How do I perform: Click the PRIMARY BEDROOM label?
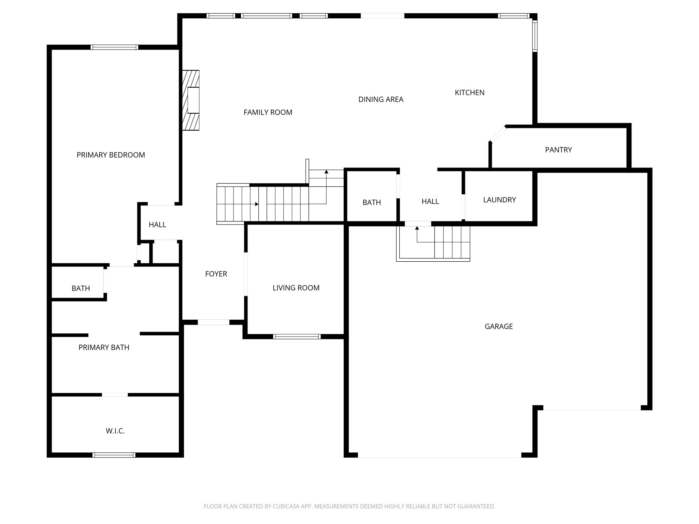[x=111, y=155]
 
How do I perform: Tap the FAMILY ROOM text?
[x=268, y=112]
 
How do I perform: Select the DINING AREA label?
[x=381, y=99]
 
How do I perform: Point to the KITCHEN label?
[x=469, y=92]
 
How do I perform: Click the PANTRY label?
[x=558, y=150]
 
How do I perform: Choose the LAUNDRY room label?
[x=499, y=200]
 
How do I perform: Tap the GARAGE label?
[x=498, y=326]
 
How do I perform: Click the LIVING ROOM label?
[x=296, y=288]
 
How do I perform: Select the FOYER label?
[x=216, y=274]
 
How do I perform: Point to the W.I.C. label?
[x=115, y=431]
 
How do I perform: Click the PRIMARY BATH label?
[x=104, y=348]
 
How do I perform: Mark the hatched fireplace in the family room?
[x=191, y=100]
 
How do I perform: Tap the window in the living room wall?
[x=297, y=337]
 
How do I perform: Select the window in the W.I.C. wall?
[x=114, y=455]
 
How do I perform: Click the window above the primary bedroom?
[x=114, y=47]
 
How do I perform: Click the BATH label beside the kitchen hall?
[x=371, y=203]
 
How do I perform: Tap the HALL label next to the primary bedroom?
[x=157, y=225]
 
